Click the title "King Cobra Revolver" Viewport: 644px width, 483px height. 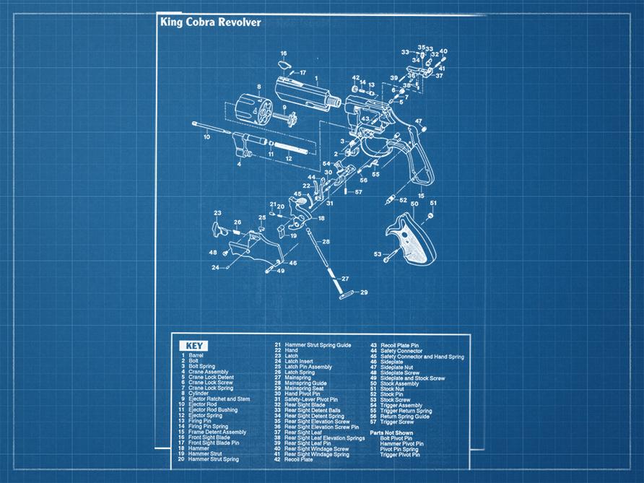pyautogui.click(x=211, y=22)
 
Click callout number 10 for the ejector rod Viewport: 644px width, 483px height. pyautogui.click(x=207, y=136)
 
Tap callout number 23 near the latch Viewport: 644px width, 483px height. pyautogui.click(x=217, y=213)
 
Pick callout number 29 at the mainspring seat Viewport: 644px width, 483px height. pyautogui.click(x=364, y=292)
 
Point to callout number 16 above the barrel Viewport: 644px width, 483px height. pyautogui.click(x=284, y=53)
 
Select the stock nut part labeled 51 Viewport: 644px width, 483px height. pyautogui.click(x=432, y=214)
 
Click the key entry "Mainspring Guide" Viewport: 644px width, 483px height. pyautogui.click(x=305, y=383)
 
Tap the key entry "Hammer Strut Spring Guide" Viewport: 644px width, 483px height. pyautogui.click(x=318, y=345)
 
